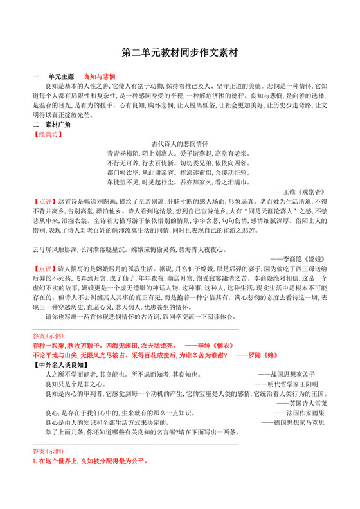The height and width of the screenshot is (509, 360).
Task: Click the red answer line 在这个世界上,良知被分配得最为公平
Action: [x=90, y=461]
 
